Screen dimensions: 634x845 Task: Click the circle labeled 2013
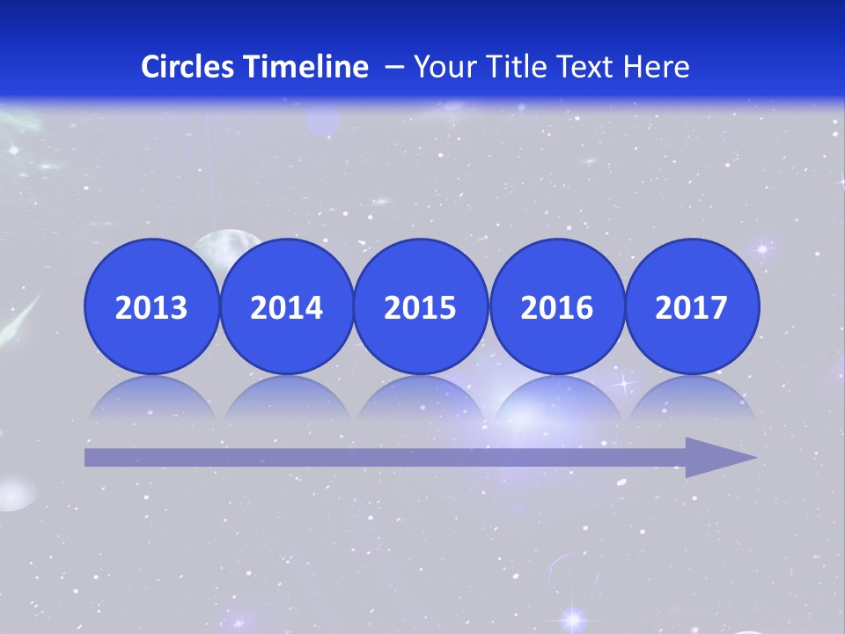[151, 306]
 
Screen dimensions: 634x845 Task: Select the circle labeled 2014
[286, 306]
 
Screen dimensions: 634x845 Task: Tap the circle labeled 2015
[421, 306]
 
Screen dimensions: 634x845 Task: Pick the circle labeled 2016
[556, 306]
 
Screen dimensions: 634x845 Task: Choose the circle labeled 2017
[691, 306]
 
